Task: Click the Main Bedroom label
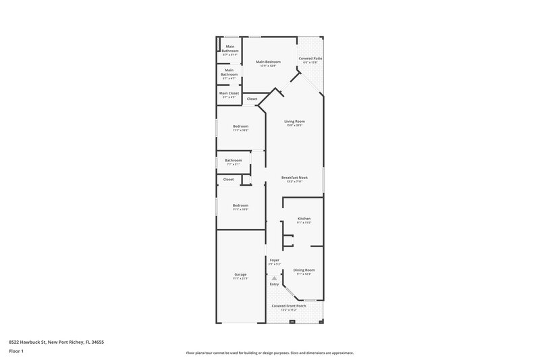click(x=268, y=61)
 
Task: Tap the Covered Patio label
click(x=310, y=59)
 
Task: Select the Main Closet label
click(x=229, y=93)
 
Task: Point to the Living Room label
click(x=294, y=122)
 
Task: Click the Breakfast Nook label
click(x=294, y=178)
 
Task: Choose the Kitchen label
click(x=304, y=219)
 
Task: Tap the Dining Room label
click(x=304, y=269)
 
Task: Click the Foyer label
click(x=275, y=260)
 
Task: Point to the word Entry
click(x=274, y=284)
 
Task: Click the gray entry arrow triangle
click(x=274, y=278)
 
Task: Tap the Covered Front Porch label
click(x=289, y=306)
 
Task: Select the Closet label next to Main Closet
click(x=252, y=99)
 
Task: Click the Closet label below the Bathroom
click(x=229, y=180)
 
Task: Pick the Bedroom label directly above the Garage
click(x=241, y=205)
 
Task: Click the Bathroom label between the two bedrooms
click(x=233, y=160)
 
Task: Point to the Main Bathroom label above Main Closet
click(x=230, y=70)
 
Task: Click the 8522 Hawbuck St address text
click(x=56, y=342)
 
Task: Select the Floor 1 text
click(x=16, y=351)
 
